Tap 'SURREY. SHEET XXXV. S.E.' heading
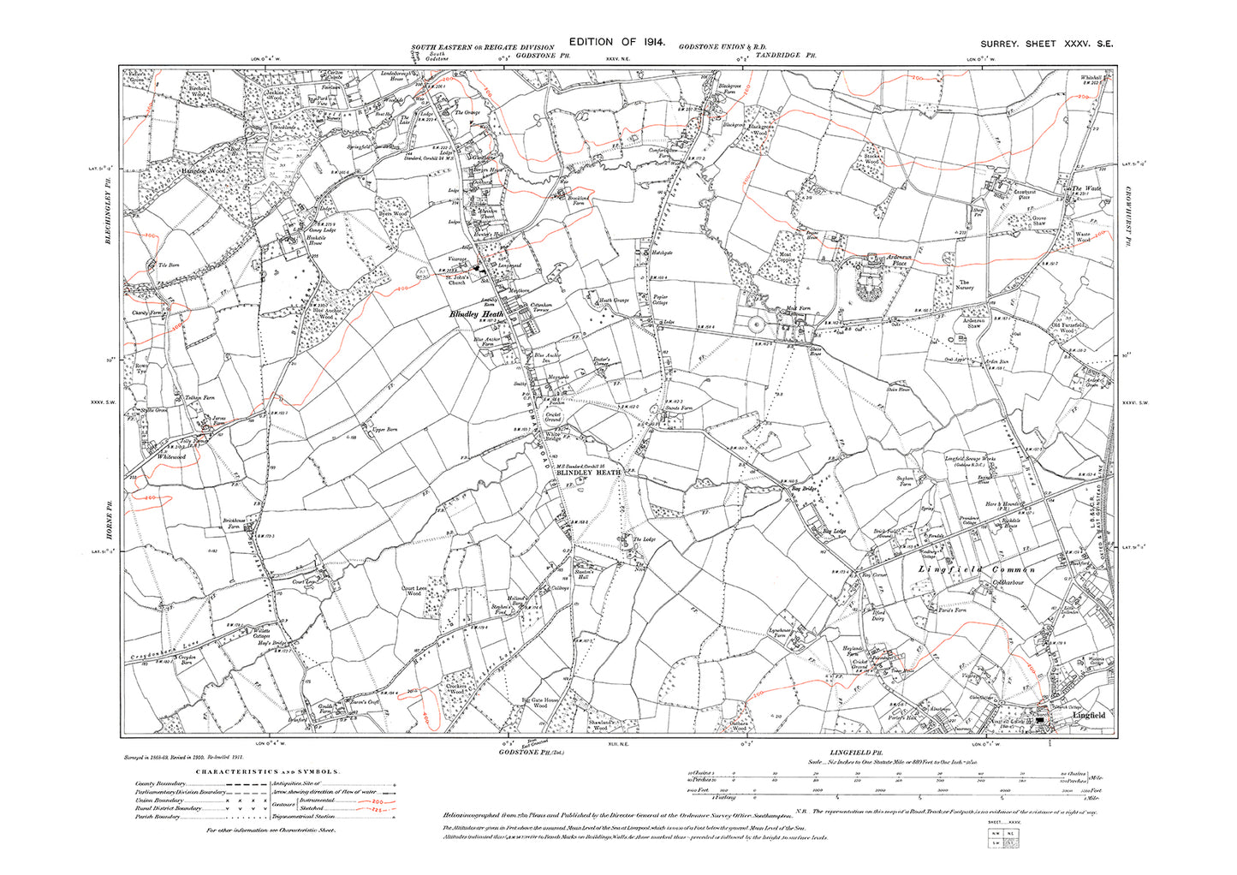[x=1046, y=45]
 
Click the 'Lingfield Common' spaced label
[x=976, y=569]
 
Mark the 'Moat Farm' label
[x=798, y=307]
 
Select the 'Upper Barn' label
[x=386, y=430]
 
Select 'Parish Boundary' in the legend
[x=158, y=817]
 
